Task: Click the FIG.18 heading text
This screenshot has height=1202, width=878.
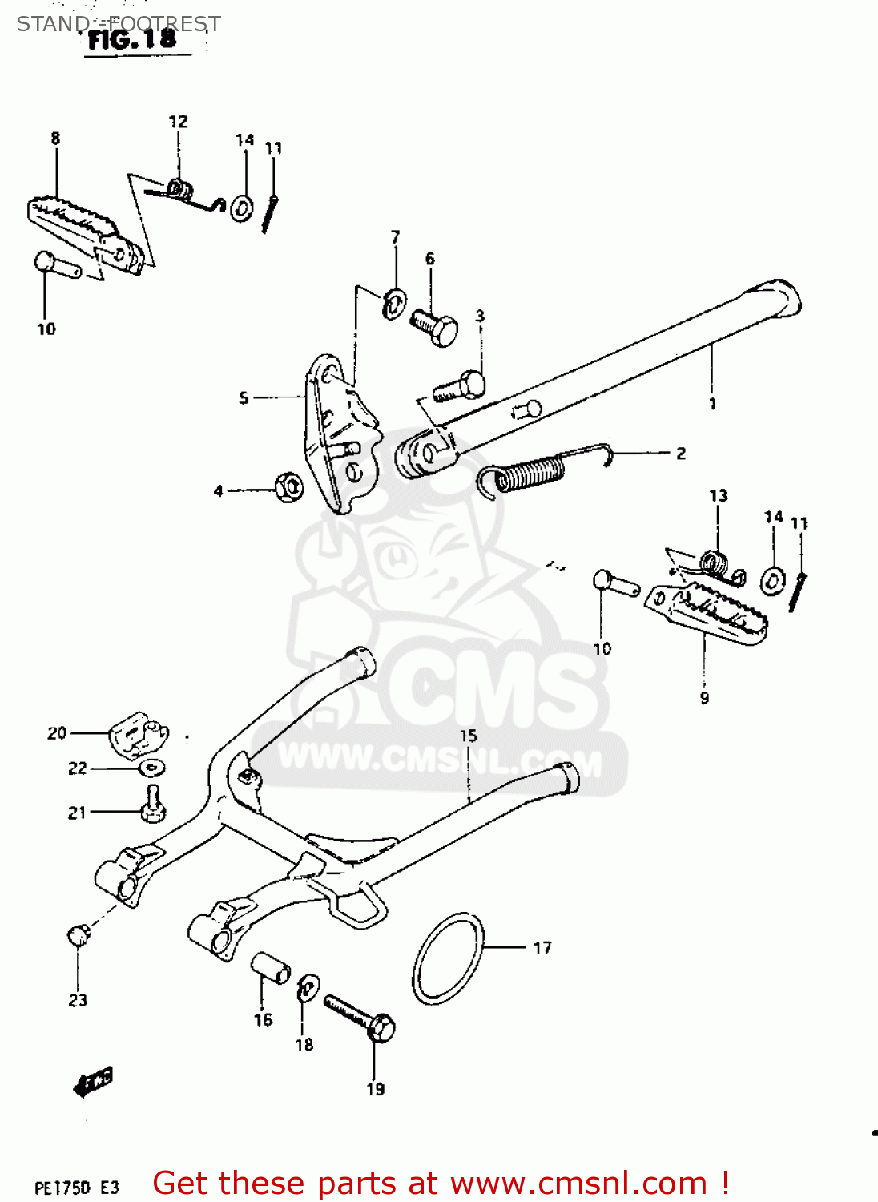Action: (132, 39)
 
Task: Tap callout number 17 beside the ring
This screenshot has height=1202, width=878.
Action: (542, 948)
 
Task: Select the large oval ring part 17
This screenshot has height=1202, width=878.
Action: (449, 958)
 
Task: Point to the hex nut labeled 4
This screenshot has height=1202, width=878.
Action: (287, 487)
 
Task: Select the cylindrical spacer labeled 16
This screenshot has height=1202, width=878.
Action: (271, 966)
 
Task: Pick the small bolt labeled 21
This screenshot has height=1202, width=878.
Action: (152, 805)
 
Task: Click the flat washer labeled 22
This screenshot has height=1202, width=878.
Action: (151, 768)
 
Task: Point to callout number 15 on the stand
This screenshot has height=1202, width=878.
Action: (468, 736)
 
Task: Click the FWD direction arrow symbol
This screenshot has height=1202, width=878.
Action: (93, 1081)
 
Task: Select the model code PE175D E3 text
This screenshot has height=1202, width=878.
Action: (77, 1187)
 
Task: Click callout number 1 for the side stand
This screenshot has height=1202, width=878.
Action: (712, 404)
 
